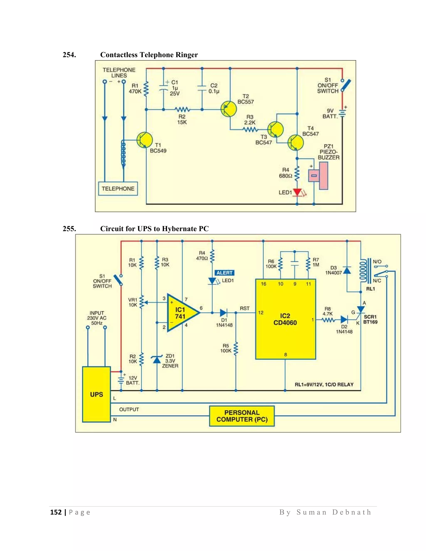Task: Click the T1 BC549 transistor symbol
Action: [x=145, y=140]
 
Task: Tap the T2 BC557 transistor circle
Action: [x=228, y=109]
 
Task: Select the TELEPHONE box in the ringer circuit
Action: [x=118, y=188]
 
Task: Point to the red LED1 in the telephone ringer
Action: [x=297, y=192]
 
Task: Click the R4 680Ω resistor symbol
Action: [x=297, y=173]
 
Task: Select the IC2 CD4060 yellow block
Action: [x=285, y=319]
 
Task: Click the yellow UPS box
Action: [x=96, y=394]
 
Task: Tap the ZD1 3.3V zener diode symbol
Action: [x=157, y=359]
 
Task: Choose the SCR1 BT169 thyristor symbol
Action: [x=361, y=310]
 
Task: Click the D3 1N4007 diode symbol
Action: [x=347, y=271]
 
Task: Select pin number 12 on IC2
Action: [x=261, y=313]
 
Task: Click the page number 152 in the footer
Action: [x=56, y=512]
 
